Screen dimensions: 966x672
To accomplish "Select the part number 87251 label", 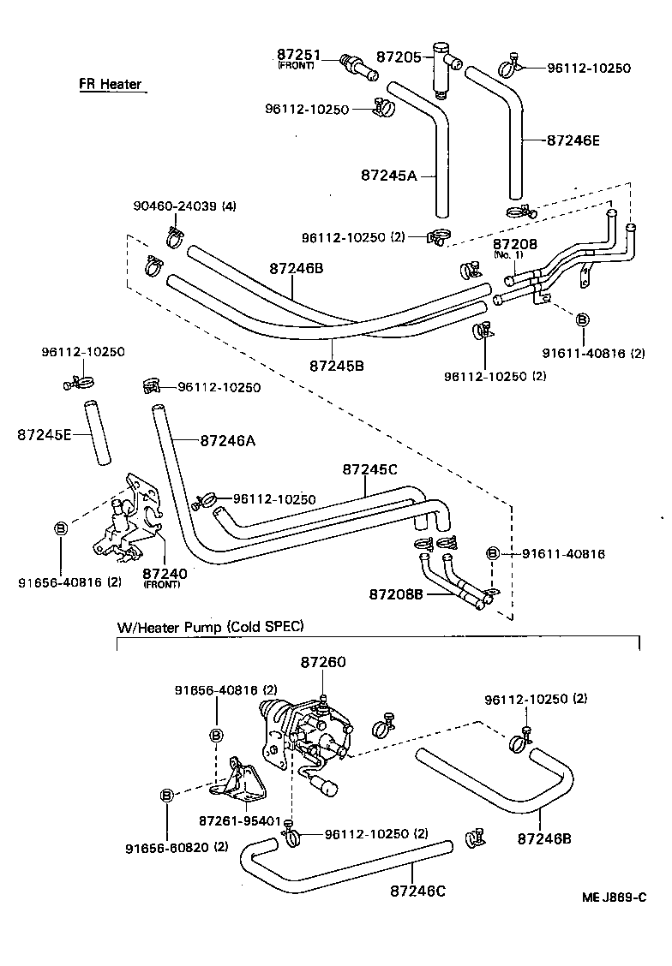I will coord(296,54).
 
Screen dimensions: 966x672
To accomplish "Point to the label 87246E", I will coord(573,140).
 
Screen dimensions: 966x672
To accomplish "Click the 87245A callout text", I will coord(387,175).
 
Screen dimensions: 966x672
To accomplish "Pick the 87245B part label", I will coord(335,366).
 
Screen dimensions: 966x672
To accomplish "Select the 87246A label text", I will coord(227,440).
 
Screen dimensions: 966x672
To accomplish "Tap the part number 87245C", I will coord(369,469).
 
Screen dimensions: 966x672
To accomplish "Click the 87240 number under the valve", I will coord(159,573).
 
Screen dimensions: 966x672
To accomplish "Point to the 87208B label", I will coord(396,593).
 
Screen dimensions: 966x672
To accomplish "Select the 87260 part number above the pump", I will coord(323,662).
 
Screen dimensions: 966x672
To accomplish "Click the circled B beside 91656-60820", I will coord(167,796).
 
